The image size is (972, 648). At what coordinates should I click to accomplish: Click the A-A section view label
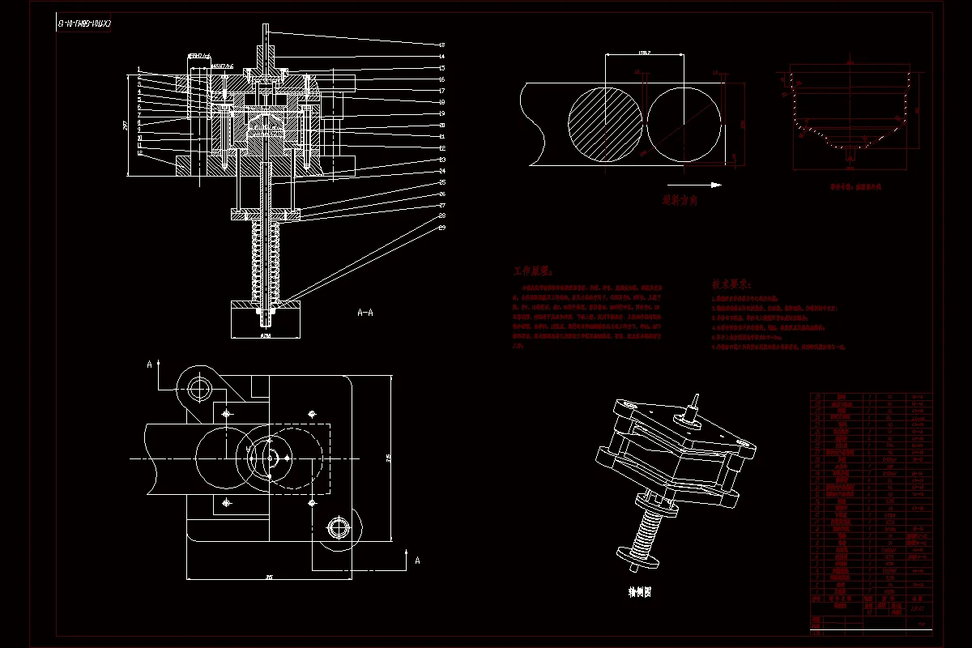(365, 311)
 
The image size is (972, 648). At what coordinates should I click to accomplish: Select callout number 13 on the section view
(442, 45)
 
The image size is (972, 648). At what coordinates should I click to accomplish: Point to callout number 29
(442, 228)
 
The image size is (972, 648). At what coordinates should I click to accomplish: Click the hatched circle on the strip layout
(605, 125)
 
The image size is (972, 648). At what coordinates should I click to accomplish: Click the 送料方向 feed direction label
(680, 198)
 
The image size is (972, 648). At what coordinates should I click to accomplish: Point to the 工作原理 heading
(532, 271)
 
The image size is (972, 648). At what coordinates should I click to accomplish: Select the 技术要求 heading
(731, 284)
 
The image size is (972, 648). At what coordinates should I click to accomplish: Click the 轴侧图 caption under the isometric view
(640, 592)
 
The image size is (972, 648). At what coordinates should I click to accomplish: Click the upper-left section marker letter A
(149, 364)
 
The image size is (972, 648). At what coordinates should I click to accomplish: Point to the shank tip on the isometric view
(696, 397)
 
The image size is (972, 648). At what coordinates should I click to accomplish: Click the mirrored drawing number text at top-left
(83, 23)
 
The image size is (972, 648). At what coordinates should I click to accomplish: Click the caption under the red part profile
(849, 185)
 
